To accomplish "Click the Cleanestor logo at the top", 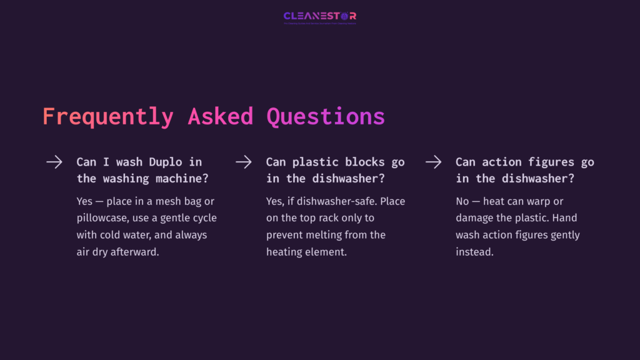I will pyautogui.click(x=319, y=16).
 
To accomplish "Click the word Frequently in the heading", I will pyautogui.click(x=107, y=117).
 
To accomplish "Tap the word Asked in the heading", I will pyautogui.click(x=220, y=117).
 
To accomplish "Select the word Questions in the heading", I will pyautogui.click(x=326, y=117).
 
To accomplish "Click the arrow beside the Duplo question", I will pyautogui.click(x=54, y=162).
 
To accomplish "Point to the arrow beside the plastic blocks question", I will pyautogui.click(x=244, y=162).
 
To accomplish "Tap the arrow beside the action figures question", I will pyautogui.click(x=434, y=162).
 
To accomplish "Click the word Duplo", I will pyautogui.click(x=166, y=162).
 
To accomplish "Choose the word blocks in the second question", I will pyautogui.click(x=364, y=162).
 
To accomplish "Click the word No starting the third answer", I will pyautogui.click(x=462, y=202).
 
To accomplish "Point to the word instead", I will pyautogui.click(x=474, y=252).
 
